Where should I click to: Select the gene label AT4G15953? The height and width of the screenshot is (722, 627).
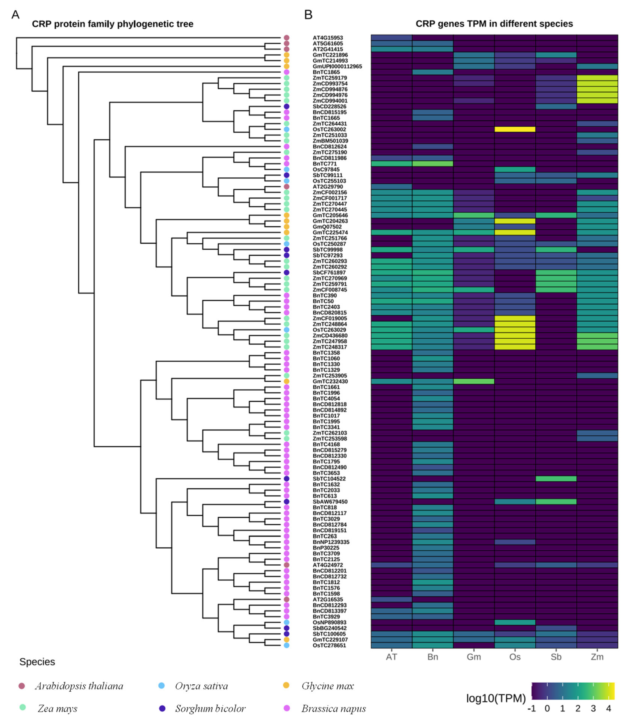327,38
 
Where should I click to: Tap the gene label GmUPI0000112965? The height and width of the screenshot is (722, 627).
337,66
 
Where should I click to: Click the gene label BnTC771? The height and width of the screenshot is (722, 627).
324,164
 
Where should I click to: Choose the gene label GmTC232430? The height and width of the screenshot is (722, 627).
330,381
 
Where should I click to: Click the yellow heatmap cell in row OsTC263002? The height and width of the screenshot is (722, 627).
515,129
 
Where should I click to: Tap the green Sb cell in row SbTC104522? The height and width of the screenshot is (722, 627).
556,479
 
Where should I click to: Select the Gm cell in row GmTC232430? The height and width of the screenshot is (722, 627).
474,381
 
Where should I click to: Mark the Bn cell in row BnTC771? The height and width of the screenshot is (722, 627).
433,164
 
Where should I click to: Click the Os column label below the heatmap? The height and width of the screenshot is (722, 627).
515,657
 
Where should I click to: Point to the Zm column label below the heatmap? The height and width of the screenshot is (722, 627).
597,657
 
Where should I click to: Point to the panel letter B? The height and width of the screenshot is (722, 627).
308,15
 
